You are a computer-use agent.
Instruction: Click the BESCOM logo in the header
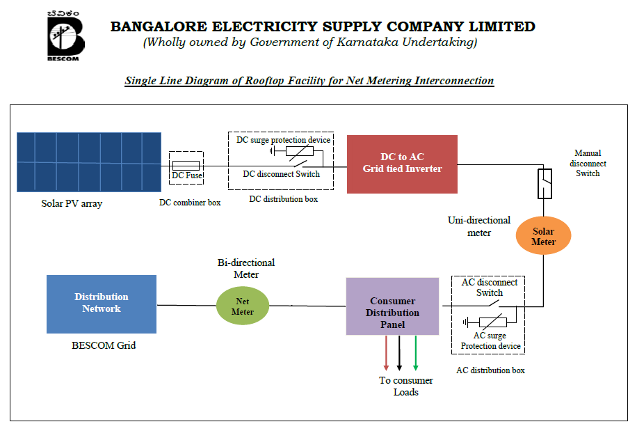coord(65,36)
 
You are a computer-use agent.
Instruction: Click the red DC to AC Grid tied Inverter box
coord(402,164)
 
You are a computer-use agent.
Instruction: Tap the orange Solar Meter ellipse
coord(543,237)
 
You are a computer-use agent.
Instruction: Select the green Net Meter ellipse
coord(243,306)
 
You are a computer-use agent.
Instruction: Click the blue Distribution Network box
coord(102,304)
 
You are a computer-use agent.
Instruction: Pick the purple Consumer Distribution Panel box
coord(392,306)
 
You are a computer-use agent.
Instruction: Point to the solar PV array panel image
coord(89,162)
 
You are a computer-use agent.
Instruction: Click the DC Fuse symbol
coord(186,166)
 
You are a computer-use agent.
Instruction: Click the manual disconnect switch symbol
coord(544,185)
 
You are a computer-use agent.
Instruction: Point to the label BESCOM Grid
coord(104,345)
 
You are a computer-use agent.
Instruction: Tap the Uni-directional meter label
coord(479,226)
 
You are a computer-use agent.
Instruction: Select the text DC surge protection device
coord(283,140)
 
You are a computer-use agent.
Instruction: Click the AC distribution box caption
coord(490,370)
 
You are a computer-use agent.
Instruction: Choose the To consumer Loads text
coord(406,386)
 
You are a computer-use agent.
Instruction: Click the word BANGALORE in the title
coord(161,27)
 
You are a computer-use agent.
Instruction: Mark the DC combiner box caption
coord(190,203)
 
